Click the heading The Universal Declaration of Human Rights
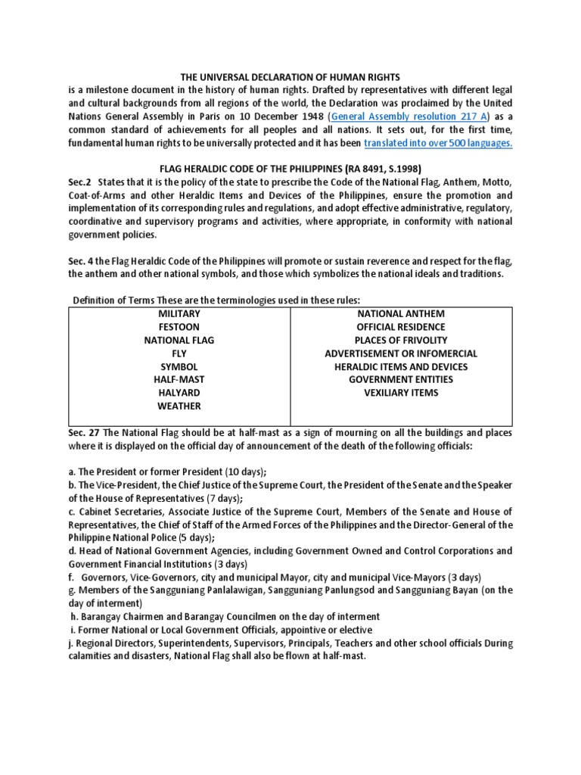tap(290, 77)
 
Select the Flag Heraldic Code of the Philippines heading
tap(290, 169)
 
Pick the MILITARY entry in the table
tap(179, 313)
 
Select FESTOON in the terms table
tap(179, 327)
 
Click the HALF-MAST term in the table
tap(179, 379)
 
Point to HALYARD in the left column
tap(179, 392)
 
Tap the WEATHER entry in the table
tap(179, 406)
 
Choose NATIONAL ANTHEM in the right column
tap(401, 313)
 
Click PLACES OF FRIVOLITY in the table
tap(401, 340)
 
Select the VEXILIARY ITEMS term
tap(401, 392)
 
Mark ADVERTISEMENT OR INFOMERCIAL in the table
tap(401, 353)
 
